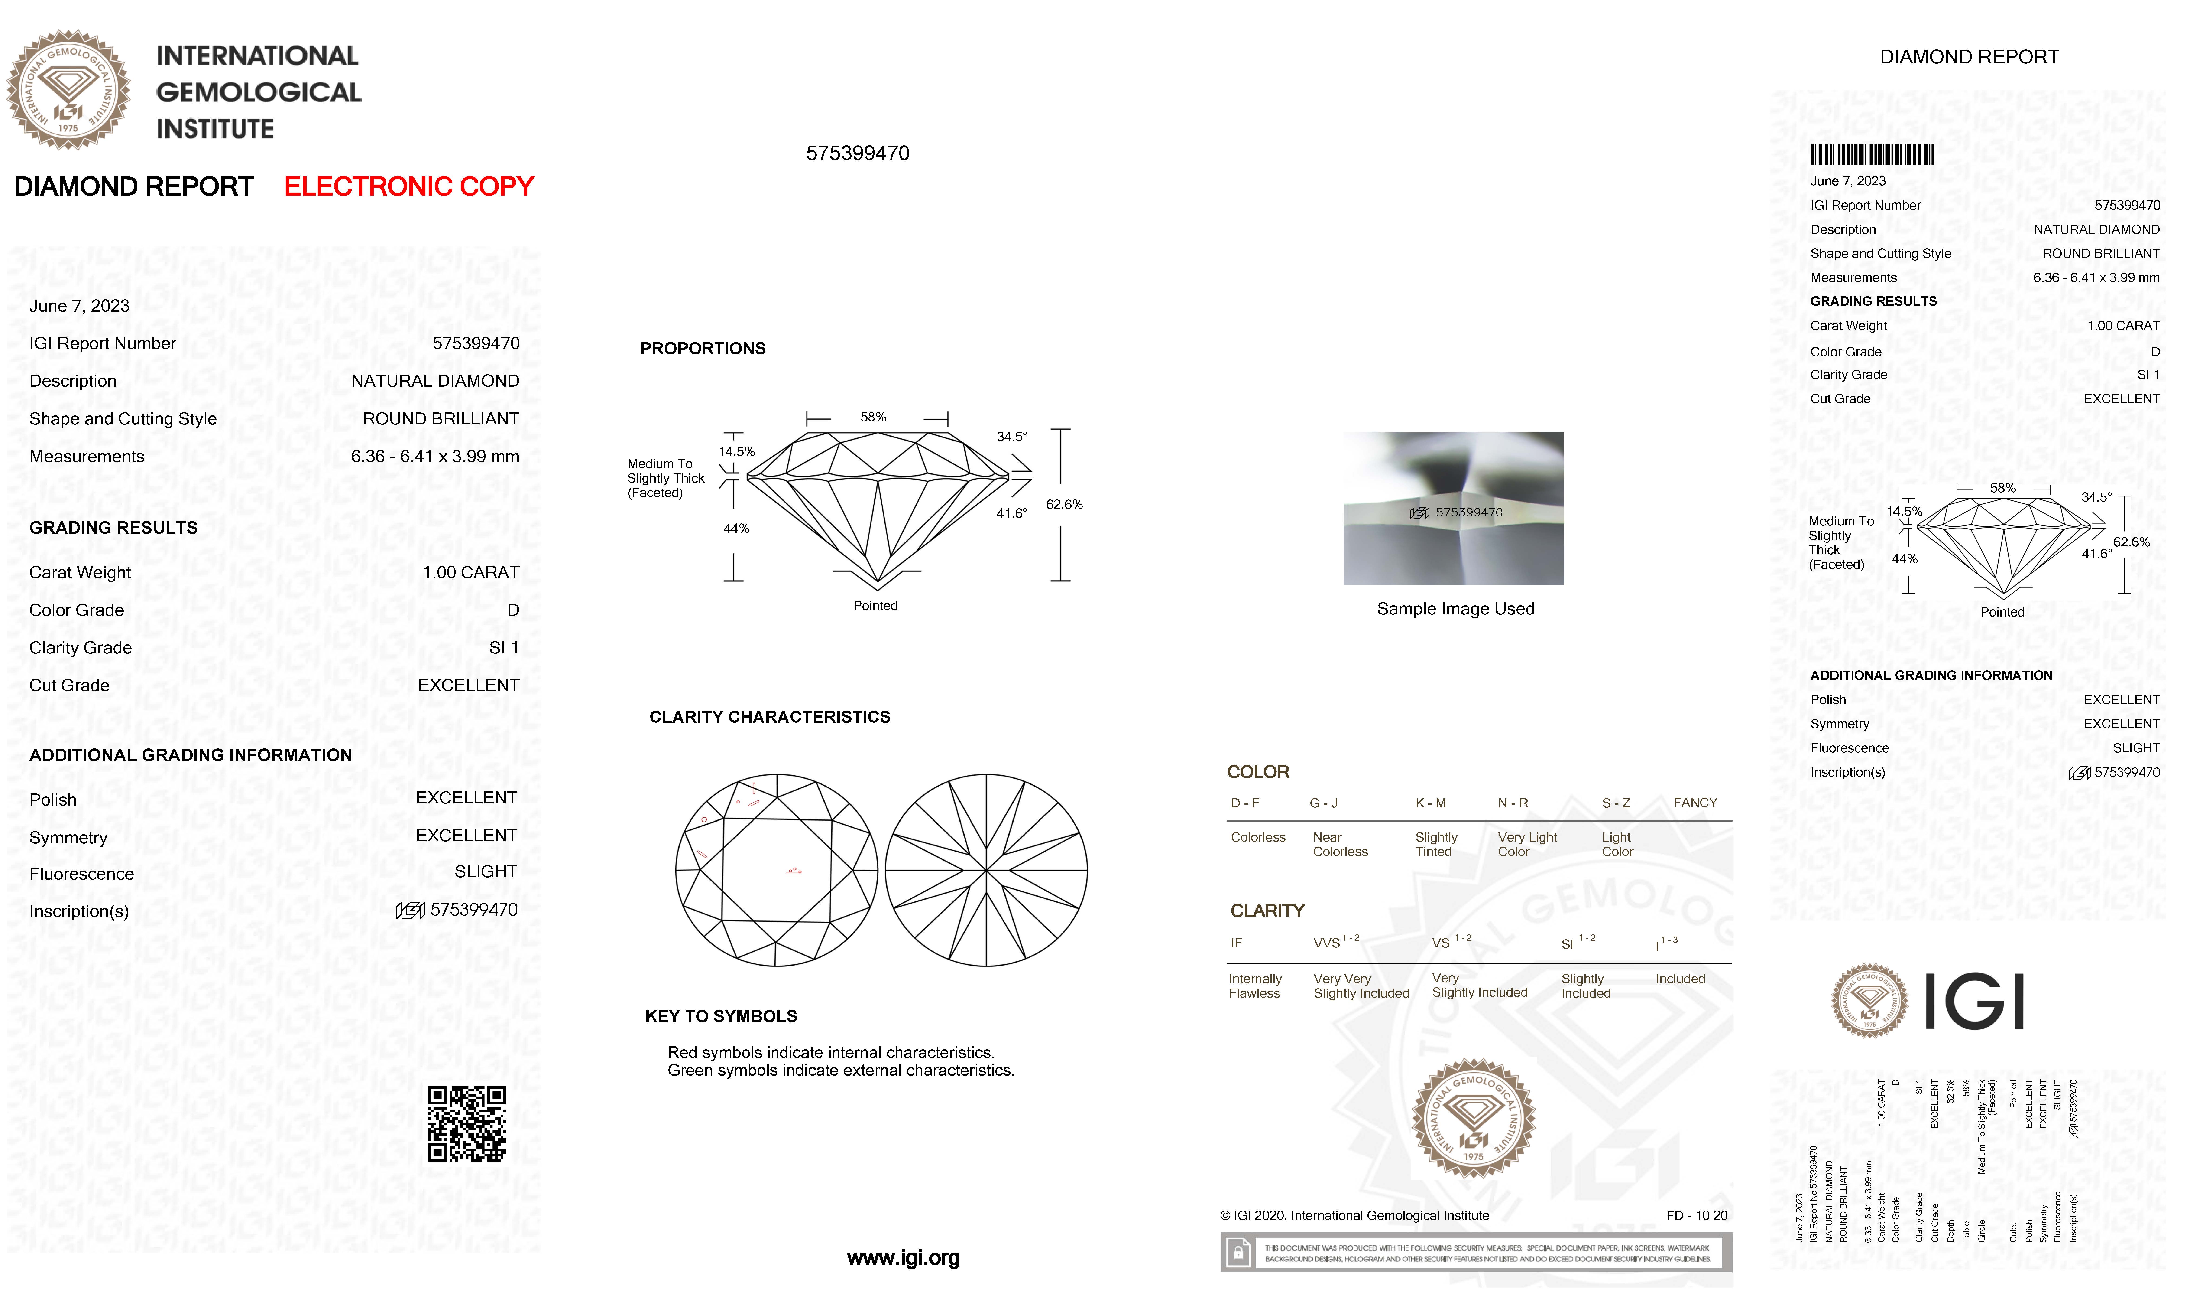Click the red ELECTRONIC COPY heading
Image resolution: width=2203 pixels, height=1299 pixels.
pos(408,186)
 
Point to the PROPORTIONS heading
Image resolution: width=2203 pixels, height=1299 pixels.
pos(703,348)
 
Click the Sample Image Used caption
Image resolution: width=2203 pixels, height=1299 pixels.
pos(1455,609)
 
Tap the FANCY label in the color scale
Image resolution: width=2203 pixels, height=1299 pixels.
pos(1695,803)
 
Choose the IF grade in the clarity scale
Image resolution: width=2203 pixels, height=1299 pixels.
pos(1236,944)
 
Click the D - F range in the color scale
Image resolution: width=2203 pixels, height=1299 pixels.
pos(1245,803)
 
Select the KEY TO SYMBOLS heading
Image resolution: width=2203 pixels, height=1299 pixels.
pos(721,1016)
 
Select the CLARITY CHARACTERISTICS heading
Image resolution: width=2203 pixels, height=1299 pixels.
pos(769,717)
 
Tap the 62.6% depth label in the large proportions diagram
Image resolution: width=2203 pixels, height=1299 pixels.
pos(1064,505)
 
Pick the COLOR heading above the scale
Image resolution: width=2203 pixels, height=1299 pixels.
pos(1257,772)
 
